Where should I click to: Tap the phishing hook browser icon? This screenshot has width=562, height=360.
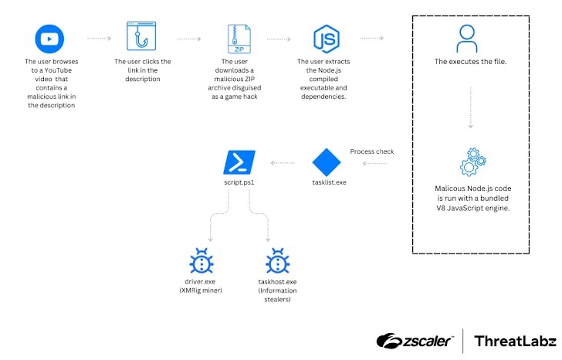(x=142, y=36)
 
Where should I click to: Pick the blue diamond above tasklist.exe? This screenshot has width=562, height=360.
(x=326, y=163)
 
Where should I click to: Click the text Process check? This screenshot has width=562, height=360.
(x=372, y=151)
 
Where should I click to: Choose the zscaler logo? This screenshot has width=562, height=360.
(x=415, y=341)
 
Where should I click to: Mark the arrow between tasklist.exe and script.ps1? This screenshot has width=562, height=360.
(x=280, y=163)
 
